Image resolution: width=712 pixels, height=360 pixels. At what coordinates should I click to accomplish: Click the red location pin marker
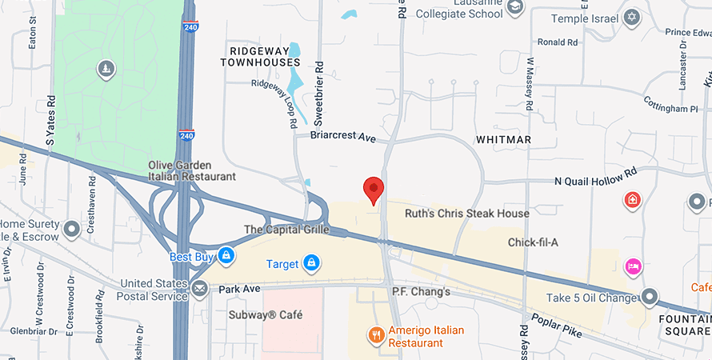[x=374, y=190]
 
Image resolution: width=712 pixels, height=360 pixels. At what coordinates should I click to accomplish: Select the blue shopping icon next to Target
[x=312, y=262]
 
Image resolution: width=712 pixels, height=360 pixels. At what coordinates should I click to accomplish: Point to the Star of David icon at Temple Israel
[x=632, y=17]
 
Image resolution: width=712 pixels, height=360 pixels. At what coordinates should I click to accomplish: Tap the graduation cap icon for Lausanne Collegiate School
[x=515, y=7]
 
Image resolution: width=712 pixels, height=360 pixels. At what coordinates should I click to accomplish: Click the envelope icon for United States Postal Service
[x=198, y=288]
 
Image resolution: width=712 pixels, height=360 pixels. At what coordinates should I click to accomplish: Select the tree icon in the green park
[x=106, y=70]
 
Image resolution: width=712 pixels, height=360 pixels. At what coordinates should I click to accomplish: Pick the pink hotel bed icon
[x=633, y=266]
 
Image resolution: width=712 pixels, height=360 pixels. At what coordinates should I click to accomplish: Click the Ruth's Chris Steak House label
[x=467, y=214]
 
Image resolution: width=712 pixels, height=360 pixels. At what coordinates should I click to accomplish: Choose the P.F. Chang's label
[x=421, y=292]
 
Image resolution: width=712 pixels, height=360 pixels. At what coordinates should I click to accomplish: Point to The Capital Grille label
[x=287, y=230]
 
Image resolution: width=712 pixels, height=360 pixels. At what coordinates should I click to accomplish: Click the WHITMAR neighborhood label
[x=503, y=139]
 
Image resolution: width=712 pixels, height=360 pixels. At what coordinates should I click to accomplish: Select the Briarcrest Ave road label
[x=342, y=138]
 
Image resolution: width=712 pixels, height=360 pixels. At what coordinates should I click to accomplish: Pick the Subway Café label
[x=266, y=315]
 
